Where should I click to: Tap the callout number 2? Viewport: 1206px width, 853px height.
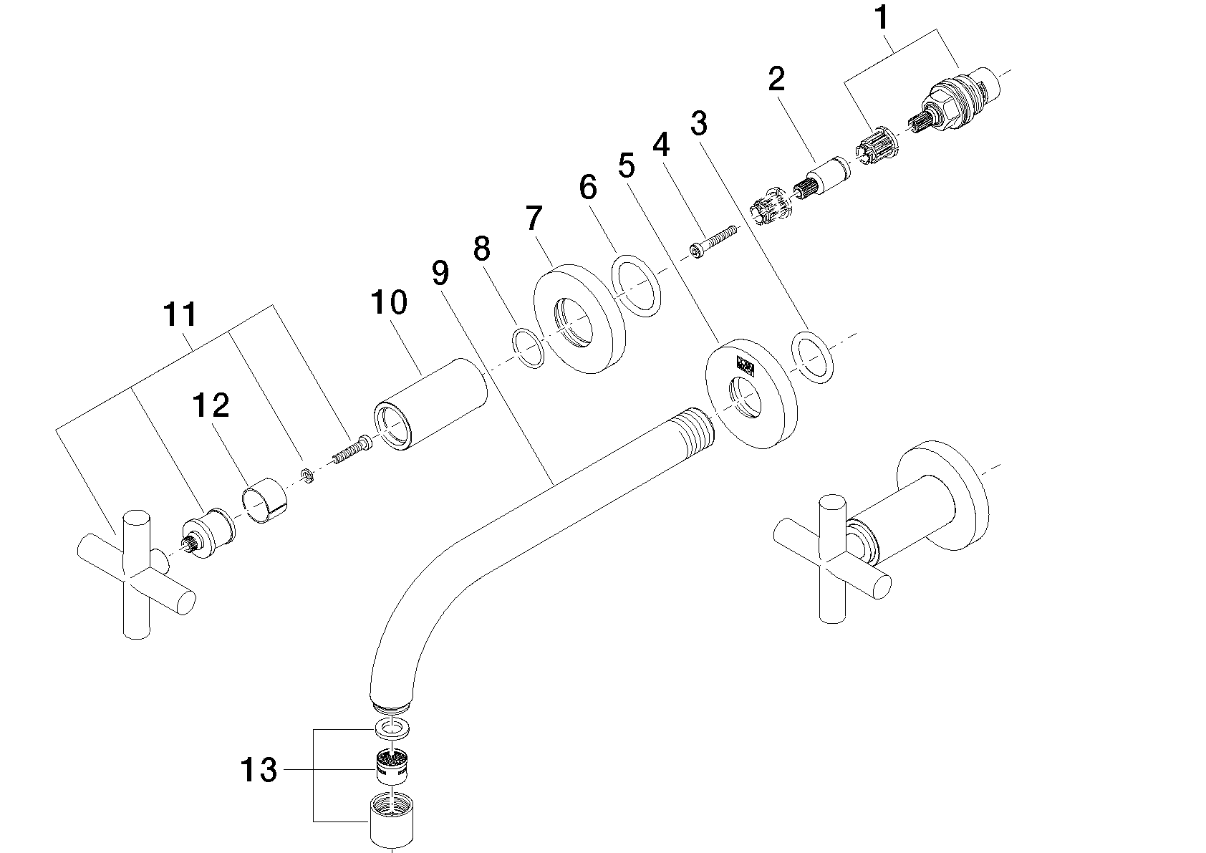pos(776,79)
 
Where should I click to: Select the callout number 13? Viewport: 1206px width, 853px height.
pos(258,771)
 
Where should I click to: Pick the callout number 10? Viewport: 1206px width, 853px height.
pos(389,303)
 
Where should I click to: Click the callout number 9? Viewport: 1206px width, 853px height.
pos(440,272)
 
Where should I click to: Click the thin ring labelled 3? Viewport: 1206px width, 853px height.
pos(813,357)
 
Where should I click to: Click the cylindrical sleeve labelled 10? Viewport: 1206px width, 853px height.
pos(430,405)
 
